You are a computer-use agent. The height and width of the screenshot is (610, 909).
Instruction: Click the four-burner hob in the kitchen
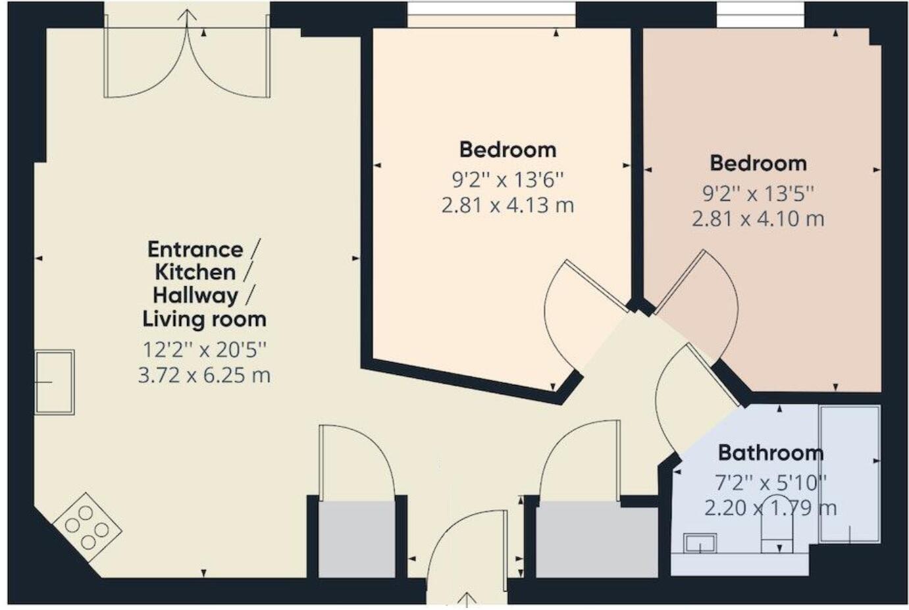pyautogui.click(x=87, y=526)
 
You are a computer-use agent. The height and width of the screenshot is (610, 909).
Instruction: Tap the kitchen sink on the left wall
pyautogui.click(x=54, y=382)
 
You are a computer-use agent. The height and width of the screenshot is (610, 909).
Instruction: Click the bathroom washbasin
pyautogui.click(x=700, y=544)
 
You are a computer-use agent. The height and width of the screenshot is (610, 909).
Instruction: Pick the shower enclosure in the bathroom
pyautogui.click(x=850, y=474)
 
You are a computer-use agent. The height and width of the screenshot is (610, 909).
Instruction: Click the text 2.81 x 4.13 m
pyautogui.click(x=507, y=205)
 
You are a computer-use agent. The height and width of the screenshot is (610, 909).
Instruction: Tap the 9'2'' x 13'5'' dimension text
pyautogui.click(x=758, y=193)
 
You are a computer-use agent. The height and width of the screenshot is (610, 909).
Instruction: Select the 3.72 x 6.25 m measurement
pyautogui.click(x=204, y=375)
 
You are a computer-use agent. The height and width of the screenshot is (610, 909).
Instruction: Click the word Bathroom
pyautogui.click(x=770, y=453)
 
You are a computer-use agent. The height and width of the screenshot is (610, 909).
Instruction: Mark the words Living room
pyautogui.click(x=204, y=319)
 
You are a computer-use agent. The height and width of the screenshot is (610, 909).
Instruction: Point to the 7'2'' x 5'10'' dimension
pyautogui.click(x=770, y=483)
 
